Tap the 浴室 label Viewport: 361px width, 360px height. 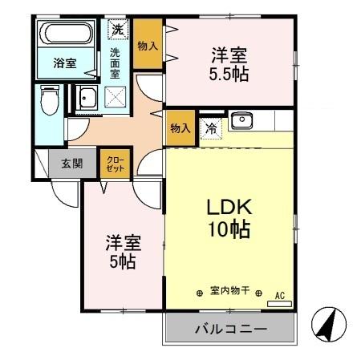pos(65,64)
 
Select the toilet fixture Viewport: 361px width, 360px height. pos(50,102)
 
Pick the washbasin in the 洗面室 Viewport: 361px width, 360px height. pos(87,100)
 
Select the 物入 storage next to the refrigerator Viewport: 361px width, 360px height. pos(180,128)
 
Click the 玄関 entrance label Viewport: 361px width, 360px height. pos(71,164)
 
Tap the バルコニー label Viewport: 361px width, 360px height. pos(229,329)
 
